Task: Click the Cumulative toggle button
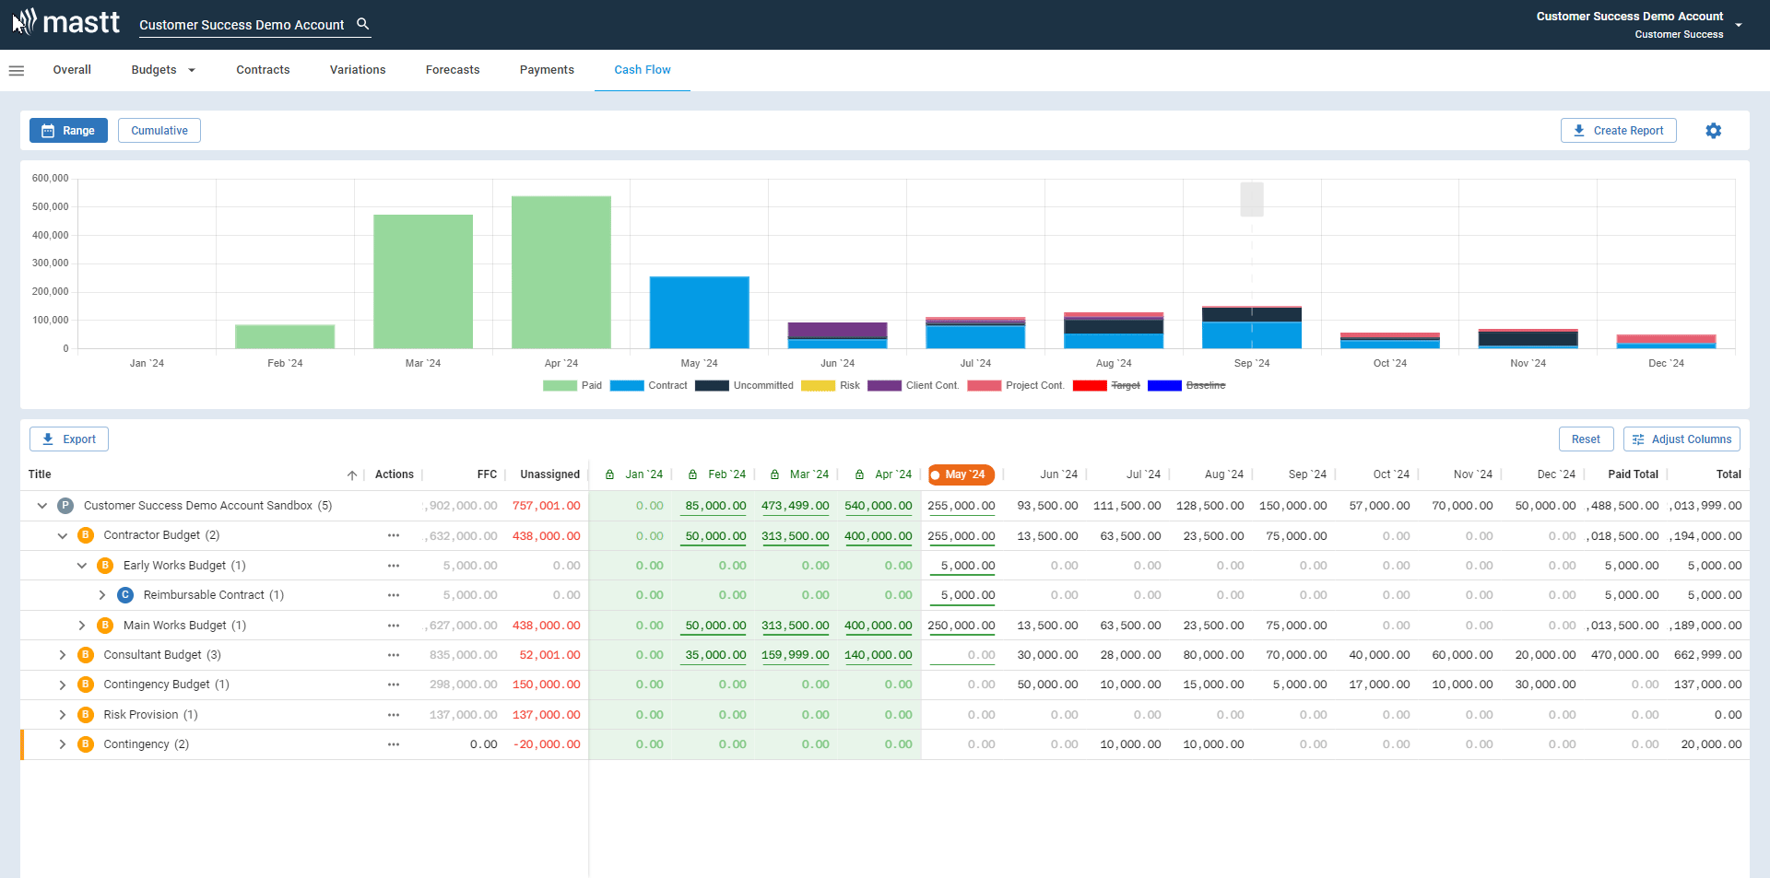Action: [x=159, y=131]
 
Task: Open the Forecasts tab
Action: [x=452, y=70]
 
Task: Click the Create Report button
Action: [x=1618, y=131]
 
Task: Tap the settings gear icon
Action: [x=1713, y=131]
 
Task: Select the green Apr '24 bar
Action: [x=560, y=272]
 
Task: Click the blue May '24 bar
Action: [x=699, y=312]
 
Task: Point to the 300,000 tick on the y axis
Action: [x=51, y=263]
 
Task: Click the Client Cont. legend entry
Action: [x=914, y=386]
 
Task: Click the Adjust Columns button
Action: [x=1681, y=439]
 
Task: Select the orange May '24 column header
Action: [x=961, y=474]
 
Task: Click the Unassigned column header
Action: [x=549, y=474]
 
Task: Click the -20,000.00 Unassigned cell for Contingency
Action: [x=547, y=744]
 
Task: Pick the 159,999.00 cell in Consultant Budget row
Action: [x=795, y=655]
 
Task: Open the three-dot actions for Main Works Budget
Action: [x=394, y=626]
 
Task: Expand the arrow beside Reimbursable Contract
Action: [x=102, y=595]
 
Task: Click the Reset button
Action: [x=1586, y=439]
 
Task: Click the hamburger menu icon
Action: [x=17, y=70]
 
